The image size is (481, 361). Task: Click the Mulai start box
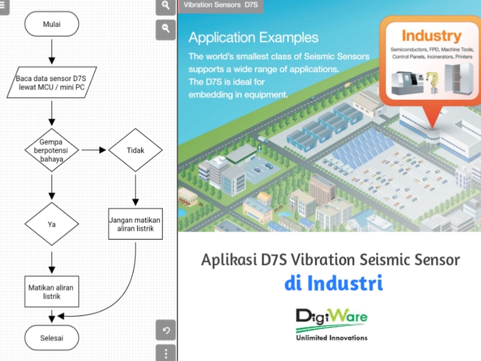[x=52, y=25]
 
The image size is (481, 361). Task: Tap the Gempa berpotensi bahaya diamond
[x=52, y=150]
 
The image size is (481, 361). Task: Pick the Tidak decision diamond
[x=135, y=150]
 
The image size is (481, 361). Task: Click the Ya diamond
[x=52, y=224]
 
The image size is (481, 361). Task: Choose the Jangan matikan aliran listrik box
[x=135, y=224]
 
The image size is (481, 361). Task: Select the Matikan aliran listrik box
[x=51, y=292]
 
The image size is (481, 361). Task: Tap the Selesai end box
[x=52, y=338]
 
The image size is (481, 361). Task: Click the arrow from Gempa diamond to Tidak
[x=93, y=150]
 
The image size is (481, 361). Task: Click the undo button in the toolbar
[x=166, y=330]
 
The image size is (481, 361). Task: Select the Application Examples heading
[x=254, y=38]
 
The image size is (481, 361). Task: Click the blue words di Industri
[x=334, y=283]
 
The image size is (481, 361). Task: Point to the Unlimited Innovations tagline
[x=331, y=338]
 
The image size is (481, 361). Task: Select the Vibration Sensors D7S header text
[x=220, y=5]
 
